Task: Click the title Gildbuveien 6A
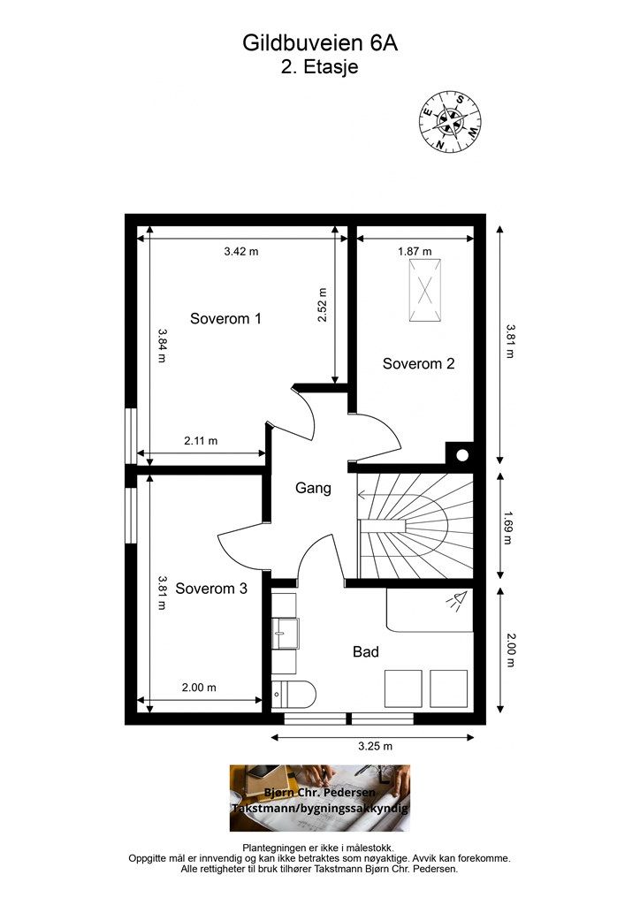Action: (320, 43)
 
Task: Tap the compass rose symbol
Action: (450, 122)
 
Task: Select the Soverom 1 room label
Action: (225, 318)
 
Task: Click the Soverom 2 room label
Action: (418, 363)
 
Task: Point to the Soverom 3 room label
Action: (211, 589)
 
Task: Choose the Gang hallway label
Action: (313, 488)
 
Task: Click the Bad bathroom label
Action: (366, 652)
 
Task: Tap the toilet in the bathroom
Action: (293, 694)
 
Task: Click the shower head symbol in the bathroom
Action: (456, 601)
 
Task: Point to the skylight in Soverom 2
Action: (424, 290)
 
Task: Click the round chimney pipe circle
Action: (462, 455)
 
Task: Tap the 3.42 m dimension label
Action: (241, 252)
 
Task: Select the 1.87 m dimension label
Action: (415, 252)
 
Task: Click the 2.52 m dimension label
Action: (322, 305)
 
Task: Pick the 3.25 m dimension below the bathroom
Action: (375, 746)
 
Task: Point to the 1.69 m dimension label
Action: (507, 528)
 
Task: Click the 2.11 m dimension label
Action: (201, 441)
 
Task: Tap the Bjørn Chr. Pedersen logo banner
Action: (320, 798)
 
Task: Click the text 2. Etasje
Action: (320, 67)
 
